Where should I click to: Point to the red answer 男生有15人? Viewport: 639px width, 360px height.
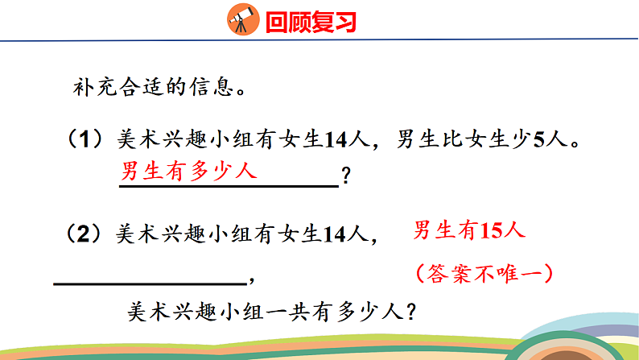468,231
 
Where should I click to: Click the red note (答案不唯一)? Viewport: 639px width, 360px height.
484,273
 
